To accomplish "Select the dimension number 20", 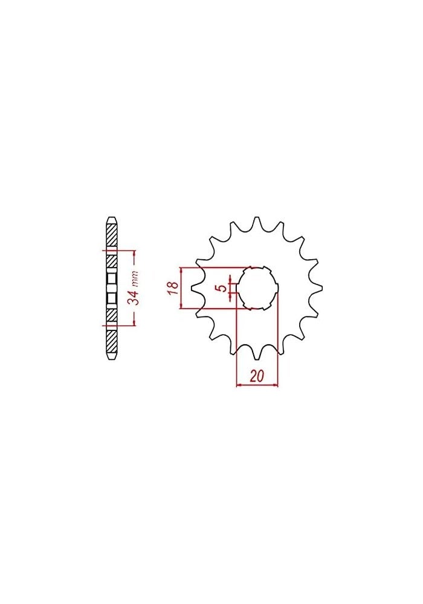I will click(x=257, y=376).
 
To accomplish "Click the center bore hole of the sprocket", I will click(x=257, y=288).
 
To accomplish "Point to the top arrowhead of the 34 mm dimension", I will click(x=134, y=252).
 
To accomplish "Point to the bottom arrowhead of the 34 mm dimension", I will click(x=134, y=324).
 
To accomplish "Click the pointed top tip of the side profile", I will click(x=111, y=217).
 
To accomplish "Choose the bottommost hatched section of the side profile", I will click(x=111, y=341).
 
